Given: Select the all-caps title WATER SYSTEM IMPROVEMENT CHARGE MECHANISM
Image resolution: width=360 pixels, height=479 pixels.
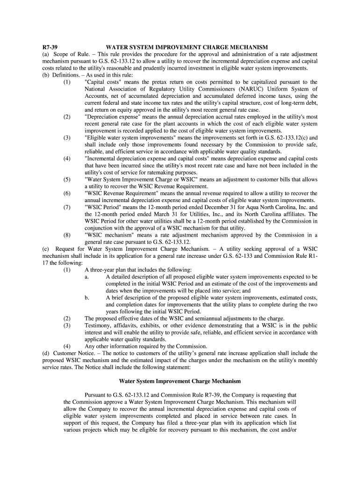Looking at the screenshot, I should click(x=187, y=47).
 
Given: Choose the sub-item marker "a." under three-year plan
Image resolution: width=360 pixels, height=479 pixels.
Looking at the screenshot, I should click(x=87, y=277).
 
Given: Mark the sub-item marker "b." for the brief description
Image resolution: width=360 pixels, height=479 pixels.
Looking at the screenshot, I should click(x=87, y=298).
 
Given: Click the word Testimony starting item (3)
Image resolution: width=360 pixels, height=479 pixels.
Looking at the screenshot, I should click(x=100, y=326).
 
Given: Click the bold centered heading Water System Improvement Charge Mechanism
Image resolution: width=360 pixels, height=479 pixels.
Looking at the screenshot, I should click(x=180, y=381).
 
